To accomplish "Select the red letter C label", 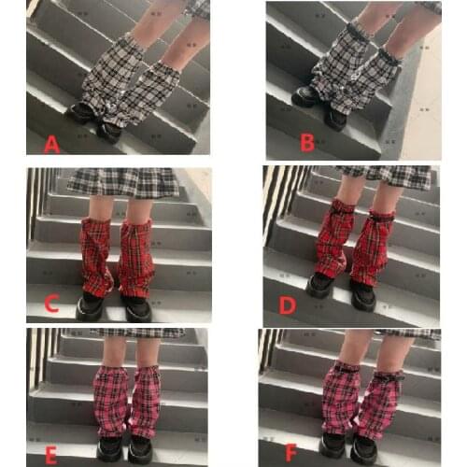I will point(51,303).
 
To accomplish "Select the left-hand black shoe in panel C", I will point(91,306).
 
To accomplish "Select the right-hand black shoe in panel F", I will point(367,450).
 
